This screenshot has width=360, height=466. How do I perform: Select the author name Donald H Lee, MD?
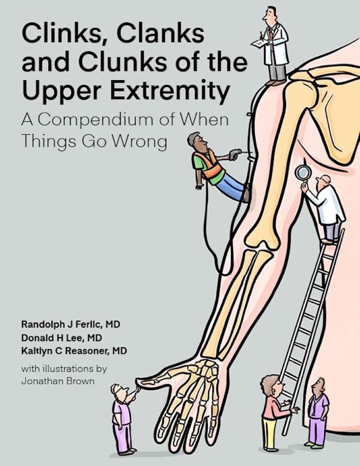61,337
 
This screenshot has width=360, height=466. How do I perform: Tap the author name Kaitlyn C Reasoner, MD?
74,350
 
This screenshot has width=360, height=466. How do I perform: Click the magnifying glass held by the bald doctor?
303,173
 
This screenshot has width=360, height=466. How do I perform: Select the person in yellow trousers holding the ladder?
272,410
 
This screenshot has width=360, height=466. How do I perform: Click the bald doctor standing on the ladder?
328,205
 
